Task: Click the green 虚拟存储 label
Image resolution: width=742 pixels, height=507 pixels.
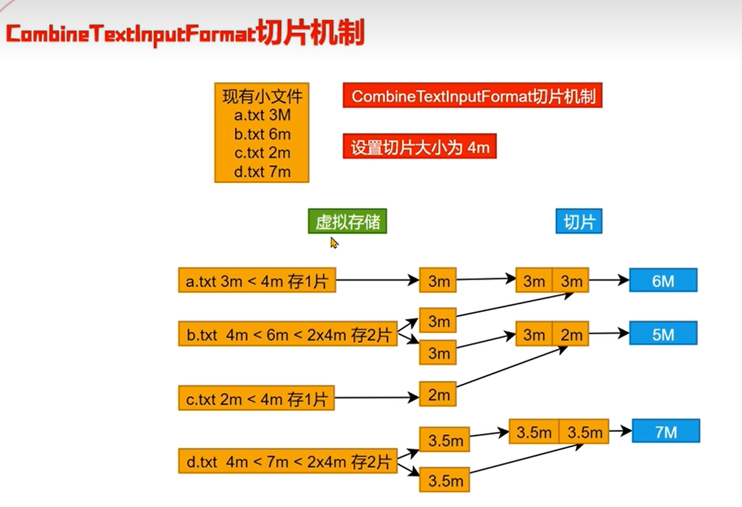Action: (x=347, y=222)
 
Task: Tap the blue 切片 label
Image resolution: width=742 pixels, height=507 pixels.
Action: (x=578, y=222)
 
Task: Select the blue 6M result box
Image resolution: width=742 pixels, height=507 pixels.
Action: (x=663, y=281)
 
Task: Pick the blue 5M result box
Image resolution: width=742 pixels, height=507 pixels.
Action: (x=663, y=334)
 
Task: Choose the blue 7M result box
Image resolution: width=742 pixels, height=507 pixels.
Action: (x=665, y=432)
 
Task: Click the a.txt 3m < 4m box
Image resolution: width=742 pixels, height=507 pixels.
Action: (x=257, y=281)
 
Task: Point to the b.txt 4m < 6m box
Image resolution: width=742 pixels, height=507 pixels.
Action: (x=287, y=334)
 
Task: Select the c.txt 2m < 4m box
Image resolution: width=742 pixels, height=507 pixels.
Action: (x=257, y=399)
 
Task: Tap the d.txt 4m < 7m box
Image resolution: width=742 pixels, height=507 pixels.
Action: (x=287, y=461)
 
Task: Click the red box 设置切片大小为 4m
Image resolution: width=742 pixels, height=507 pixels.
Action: (x=419, y=148)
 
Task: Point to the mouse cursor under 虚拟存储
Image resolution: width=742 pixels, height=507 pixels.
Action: (x=334, y=242)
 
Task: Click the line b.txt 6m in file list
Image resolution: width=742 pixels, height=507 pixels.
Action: (x=262, y=135)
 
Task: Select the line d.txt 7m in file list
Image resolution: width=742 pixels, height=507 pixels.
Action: (x=262, y=172)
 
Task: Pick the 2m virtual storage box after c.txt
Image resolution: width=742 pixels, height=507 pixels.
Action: (x=438, y=394)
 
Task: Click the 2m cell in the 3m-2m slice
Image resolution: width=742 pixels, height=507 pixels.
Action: (x=571, y=334)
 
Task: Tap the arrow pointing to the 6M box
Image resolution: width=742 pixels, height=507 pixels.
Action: (x=609, y=280)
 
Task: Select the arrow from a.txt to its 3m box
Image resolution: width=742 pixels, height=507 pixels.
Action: (x=377, y=280)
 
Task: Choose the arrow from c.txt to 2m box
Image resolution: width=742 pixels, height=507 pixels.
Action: (x=377, y=398)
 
